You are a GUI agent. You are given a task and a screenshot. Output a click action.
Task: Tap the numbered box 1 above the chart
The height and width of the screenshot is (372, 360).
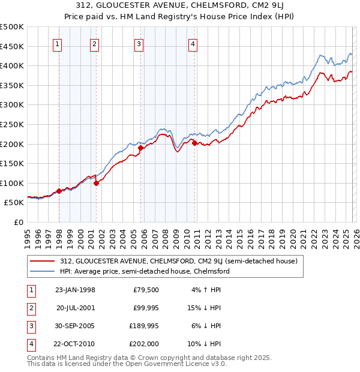58,43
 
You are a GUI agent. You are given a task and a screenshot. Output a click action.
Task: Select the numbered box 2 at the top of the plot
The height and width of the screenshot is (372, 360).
95,43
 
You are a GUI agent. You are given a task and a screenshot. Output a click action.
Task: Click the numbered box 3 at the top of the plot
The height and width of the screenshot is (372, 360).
139,43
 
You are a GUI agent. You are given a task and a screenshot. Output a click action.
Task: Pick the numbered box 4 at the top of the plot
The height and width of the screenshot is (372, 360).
193,43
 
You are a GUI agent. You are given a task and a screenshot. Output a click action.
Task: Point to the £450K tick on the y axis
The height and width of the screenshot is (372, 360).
12,46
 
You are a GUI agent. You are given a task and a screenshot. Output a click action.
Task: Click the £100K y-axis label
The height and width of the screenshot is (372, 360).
12,183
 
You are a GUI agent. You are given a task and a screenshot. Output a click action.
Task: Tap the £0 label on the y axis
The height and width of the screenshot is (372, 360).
18,222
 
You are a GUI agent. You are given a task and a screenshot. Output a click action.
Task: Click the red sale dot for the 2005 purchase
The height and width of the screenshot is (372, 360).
141,148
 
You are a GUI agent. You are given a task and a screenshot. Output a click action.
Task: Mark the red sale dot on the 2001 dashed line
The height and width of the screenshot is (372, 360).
97,183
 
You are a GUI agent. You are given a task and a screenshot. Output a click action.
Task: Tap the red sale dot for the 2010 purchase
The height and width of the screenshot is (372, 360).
194,143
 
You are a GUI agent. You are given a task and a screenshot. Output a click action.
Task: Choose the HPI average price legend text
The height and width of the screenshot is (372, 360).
145,271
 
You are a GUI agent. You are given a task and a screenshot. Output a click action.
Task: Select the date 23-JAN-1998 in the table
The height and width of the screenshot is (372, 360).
75,290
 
